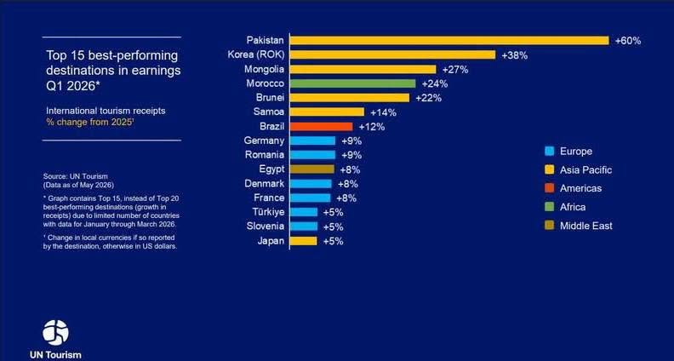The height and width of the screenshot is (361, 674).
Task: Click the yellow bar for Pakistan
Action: coord(449,41)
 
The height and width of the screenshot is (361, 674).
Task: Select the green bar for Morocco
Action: coord(353,83)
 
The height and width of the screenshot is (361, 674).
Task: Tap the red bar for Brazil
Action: coord(321,127)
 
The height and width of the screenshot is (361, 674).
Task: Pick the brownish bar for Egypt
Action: coord(312,169)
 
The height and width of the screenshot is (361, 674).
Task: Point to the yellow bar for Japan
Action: coord(304,241)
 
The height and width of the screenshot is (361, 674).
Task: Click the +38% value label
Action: coord(515,55)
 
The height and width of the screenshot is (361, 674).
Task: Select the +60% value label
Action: coord(628,41)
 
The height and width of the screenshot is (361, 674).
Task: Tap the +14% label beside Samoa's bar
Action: coord(384,112)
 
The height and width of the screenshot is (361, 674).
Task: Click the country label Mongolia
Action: coord(265,69)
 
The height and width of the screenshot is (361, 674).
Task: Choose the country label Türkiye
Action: coord(269,212)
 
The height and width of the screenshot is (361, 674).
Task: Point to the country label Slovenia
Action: coord(266,226)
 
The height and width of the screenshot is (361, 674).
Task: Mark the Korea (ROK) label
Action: coord(256,54)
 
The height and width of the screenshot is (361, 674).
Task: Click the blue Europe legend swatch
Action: coord(550,151)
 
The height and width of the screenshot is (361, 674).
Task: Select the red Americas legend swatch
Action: coord(550,188)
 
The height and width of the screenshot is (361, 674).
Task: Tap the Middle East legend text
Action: coord(585,226)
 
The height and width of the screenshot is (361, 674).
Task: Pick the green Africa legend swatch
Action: coord(550,207)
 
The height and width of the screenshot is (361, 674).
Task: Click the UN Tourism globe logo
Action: coord(55,333)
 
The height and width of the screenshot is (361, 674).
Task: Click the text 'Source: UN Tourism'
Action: coord(75,176)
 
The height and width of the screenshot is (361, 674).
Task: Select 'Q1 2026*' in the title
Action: coord(72,85)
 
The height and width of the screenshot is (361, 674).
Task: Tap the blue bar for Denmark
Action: coord(311,184)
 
